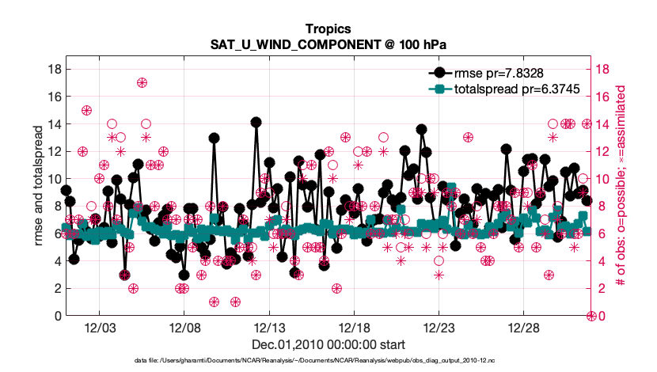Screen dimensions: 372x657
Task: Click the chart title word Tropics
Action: pos(328,29)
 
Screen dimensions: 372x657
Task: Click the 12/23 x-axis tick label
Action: pos(439,328)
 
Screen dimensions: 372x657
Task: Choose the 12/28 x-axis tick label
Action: pos(523,328)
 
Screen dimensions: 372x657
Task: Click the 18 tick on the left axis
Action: pos(55,69)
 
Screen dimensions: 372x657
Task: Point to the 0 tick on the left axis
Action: pos(58,316)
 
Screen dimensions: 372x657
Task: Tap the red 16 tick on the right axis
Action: pos(601,97)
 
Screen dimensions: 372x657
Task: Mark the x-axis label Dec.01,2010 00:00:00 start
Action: pos(328,344)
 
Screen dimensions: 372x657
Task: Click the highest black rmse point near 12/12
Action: pos(256,123)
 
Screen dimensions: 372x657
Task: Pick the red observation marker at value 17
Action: pos(142,82)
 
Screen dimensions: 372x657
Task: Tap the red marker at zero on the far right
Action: pos(591,316)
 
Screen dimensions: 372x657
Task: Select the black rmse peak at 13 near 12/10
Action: pos(214,138)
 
